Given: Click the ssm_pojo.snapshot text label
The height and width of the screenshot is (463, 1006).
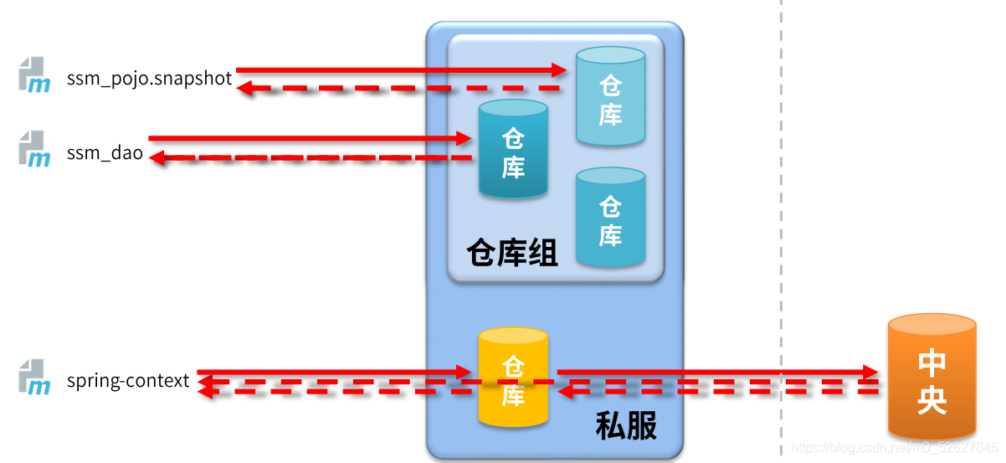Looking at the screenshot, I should [x=149, y=80].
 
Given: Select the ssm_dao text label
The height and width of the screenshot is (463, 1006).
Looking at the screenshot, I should [x=105, y=154].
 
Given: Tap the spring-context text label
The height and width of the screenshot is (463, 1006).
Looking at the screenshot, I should [x=128, y=381].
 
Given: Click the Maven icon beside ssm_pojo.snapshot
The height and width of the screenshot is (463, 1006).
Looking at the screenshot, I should [x=34, y=75].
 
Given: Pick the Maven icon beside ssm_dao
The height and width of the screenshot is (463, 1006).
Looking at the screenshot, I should [x=34, y=148].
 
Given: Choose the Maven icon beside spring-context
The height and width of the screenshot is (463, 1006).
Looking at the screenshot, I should [x=34, y=376].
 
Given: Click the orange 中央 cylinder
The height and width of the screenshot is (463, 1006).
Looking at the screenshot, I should [x=932, y=378].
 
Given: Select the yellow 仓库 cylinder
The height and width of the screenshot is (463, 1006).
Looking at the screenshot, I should [x=513, y=378].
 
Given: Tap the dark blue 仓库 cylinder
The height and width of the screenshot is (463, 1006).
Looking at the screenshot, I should [x=513, y=150].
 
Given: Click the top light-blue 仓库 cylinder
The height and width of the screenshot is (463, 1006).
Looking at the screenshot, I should [x=610, y=97].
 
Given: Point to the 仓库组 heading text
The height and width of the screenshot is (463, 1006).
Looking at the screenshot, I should [x=512, y=252].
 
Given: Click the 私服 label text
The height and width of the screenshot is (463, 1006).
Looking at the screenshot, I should [x=626, y=426].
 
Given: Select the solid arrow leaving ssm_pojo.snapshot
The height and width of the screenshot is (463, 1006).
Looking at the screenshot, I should [x=402, y=70].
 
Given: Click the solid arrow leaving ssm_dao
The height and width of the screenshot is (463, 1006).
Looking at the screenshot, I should [x=310, y=137].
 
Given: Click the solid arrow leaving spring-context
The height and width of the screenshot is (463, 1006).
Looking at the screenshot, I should [x=335, y=371].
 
